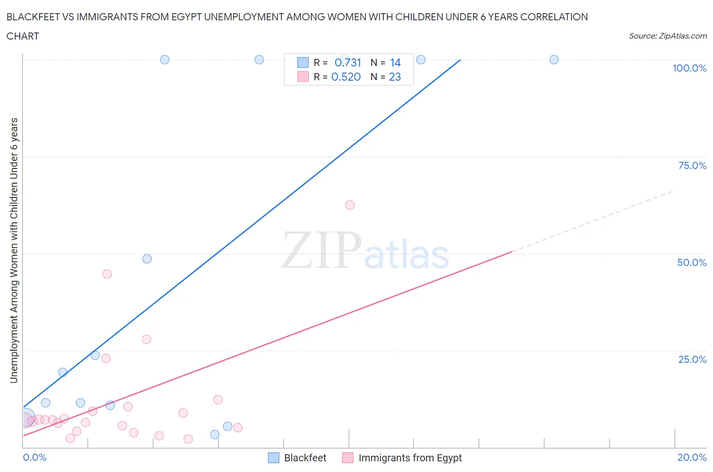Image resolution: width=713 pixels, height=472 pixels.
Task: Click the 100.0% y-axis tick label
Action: point(689,68)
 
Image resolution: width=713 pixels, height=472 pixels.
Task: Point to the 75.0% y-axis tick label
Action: point(692,165)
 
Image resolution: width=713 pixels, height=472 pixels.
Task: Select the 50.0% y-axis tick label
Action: point(692,262)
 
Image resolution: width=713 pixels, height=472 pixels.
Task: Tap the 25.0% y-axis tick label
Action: point(692,359)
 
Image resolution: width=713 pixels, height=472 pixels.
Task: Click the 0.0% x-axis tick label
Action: point(34,457)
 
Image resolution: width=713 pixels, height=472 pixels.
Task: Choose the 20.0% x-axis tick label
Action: point(692,457)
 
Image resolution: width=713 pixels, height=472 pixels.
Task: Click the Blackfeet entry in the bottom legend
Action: point(297,458)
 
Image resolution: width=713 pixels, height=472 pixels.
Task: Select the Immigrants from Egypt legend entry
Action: point(402,458)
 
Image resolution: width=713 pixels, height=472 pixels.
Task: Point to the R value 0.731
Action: point(348,62)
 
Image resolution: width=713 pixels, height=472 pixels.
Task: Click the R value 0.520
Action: point(346,77)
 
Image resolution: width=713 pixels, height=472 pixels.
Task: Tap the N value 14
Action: point(395,62)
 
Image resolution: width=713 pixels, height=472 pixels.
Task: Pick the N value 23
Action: point(395,77)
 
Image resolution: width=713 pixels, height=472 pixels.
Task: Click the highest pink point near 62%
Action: point(350,205)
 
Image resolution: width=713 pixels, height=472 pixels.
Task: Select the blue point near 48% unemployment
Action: point(147,259)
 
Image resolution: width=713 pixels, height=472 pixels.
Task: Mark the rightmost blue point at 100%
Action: point(554,59)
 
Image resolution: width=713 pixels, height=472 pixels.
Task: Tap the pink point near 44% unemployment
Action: point(107,274)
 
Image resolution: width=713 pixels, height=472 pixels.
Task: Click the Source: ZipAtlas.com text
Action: point(667,36)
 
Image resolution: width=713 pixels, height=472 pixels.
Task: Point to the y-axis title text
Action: point(14,250)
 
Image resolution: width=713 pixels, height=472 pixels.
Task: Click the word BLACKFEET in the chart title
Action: point(32,17)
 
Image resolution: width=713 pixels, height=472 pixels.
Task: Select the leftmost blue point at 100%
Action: point(165,59)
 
